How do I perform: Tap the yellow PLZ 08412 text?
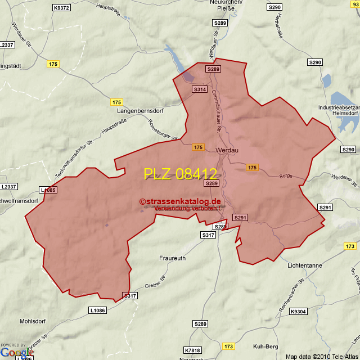(180, 174)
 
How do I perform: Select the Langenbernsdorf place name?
(140, 111)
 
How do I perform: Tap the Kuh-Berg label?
(265, 346)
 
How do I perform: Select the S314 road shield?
(200, 89)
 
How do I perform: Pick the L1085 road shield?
(48, 190)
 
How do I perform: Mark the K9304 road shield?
(298, 312)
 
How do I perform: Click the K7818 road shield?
(192, 350)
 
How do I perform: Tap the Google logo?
(17, 352)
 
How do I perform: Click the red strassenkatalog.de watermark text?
(181, 201)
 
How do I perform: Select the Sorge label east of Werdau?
(286, 176)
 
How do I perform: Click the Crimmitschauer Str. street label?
(217, 111)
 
